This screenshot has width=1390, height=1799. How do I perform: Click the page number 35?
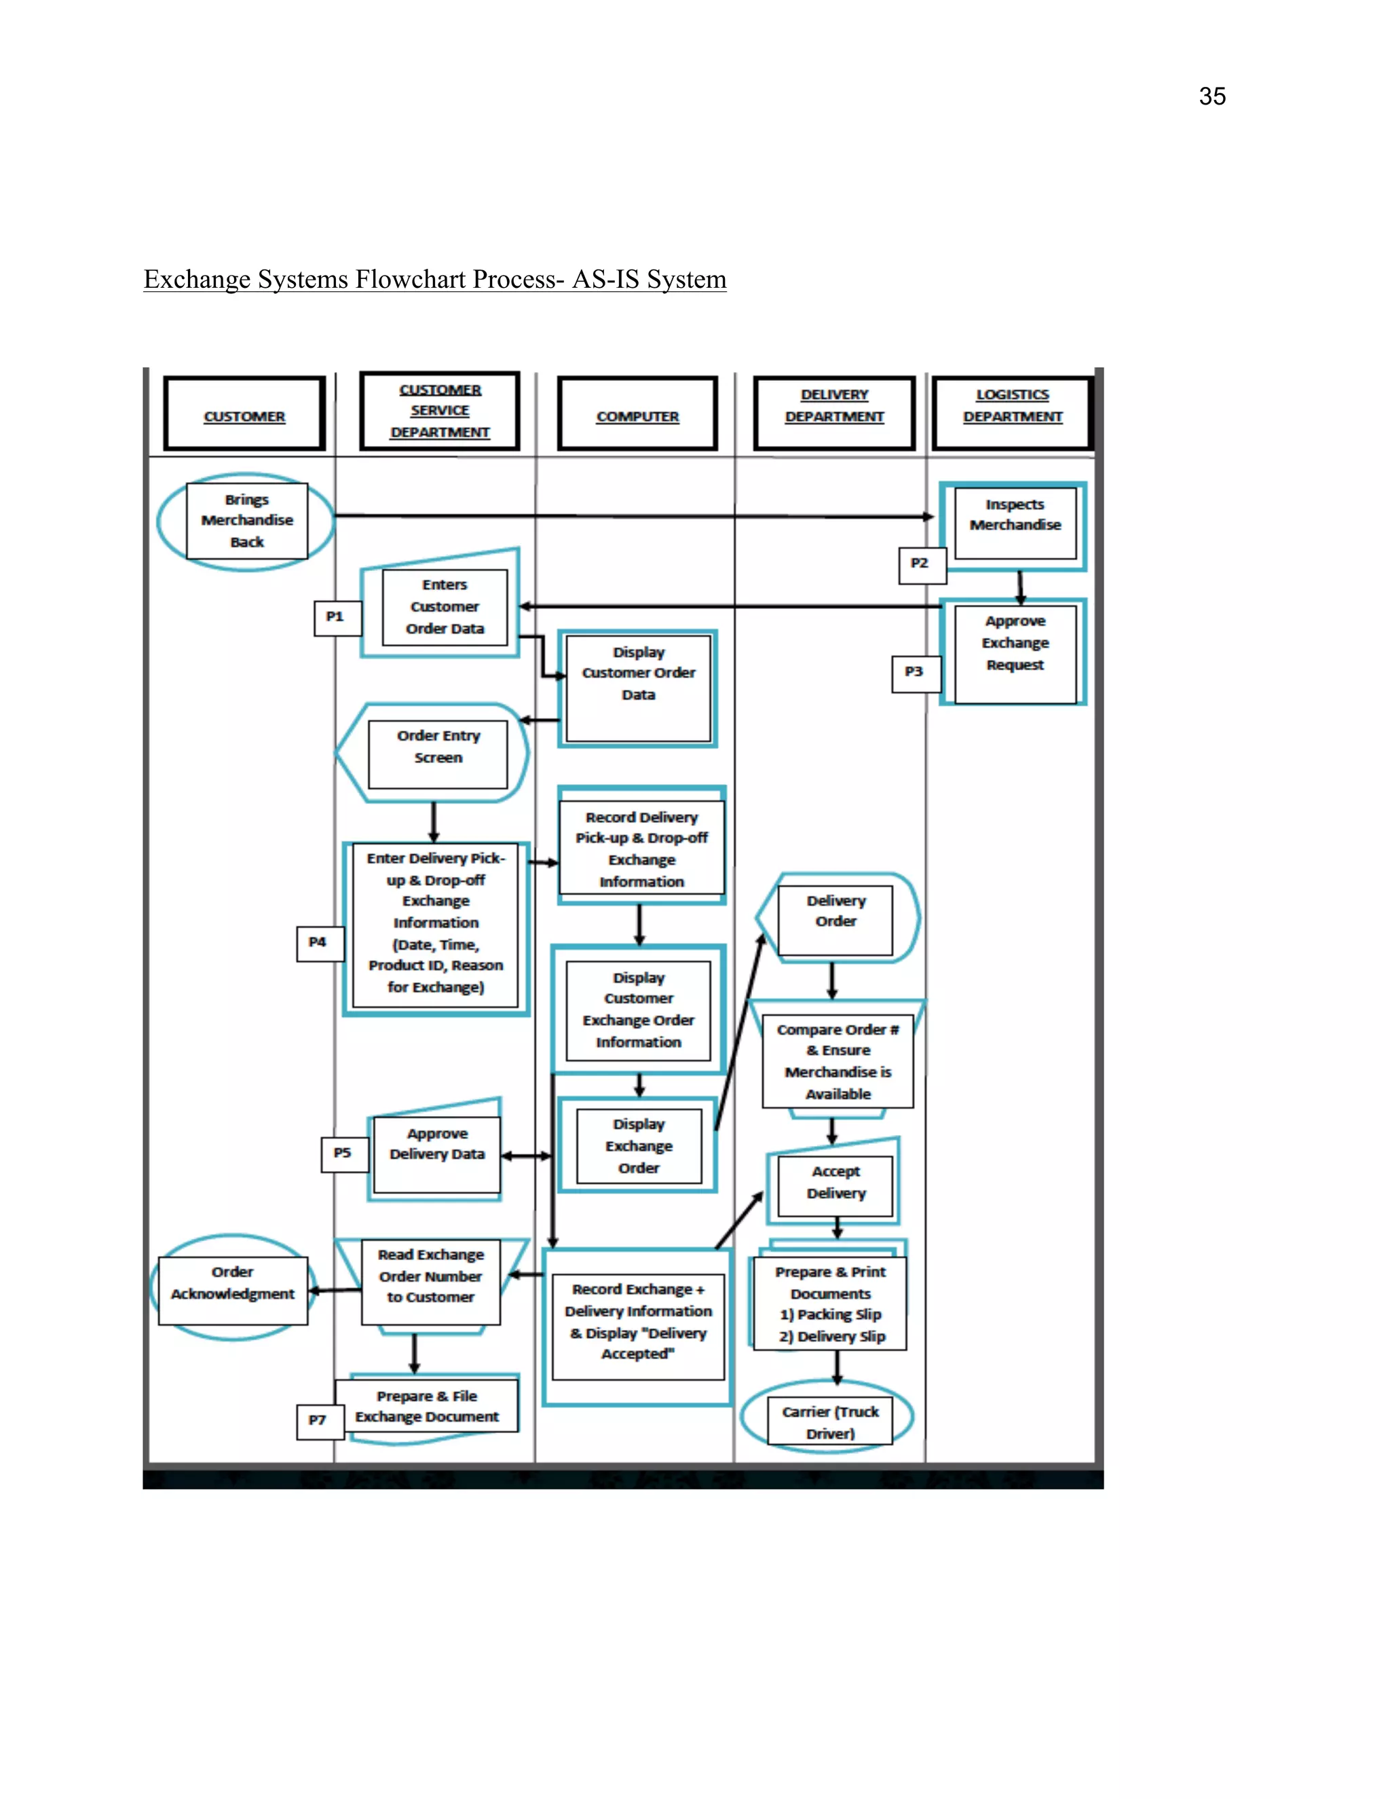[x=1211, y=96]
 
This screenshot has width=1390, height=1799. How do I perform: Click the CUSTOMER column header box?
[x=244, y=414]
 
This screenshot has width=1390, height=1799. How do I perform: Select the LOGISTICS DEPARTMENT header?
[x=1012, y=413]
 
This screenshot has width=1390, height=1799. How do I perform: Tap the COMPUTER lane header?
[x=637, y=414]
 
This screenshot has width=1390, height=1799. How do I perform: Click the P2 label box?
[x=920, y=564]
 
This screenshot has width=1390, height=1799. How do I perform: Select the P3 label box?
[x=915, y=673]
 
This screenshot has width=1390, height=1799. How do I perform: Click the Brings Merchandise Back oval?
[x=246, y=521]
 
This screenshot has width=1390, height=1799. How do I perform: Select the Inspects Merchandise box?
[x=1015, y=524]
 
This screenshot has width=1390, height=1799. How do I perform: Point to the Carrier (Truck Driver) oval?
[x=829, y=1420]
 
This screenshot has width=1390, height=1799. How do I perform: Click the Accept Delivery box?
[x=835, y=1185]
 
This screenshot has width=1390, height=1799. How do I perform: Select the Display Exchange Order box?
[x=638, y=1146]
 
